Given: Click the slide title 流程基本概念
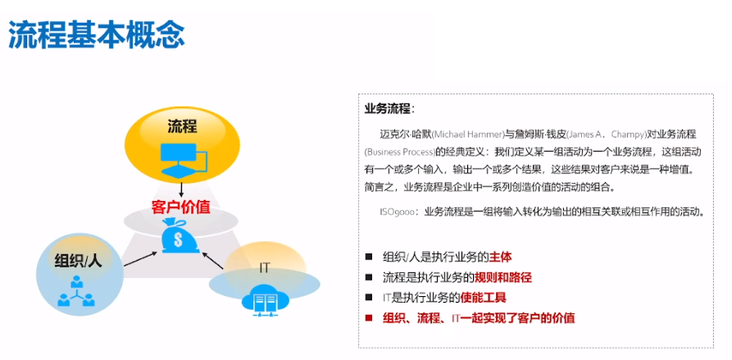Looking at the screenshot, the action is [x=97, y=34].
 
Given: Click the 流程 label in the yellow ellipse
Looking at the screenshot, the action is [x=182, y=125].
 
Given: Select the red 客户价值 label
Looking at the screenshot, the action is [x=180, y=206].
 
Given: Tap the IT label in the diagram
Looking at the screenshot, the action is [x=265, y=267].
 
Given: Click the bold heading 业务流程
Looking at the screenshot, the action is [x=389, y=108].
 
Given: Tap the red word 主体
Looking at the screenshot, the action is [x=501, y=257].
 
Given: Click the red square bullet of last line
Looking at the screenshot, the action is [x=369, y=317].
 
